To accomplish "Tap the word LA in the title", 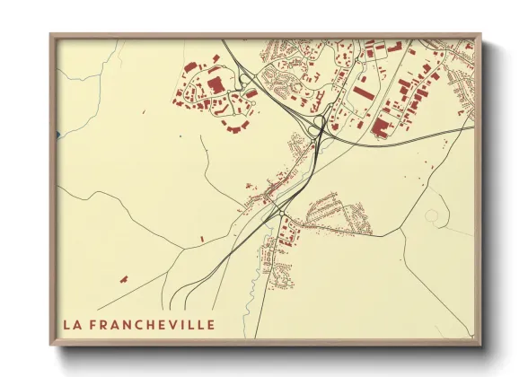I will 72,324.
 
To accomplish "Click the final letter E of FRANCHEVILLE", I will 210,324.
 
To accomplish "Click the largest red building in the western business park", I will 215,85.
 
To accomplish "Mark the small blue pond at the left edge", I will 57,135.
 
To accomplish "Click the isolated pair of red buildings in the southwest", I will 122,278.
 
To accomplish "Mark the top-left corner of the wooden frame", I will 52,36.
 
